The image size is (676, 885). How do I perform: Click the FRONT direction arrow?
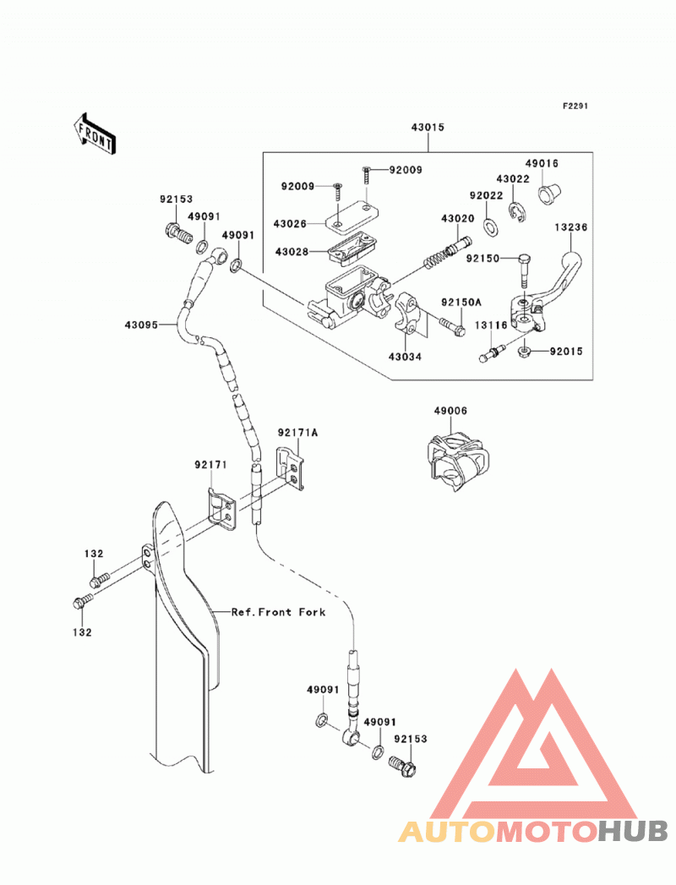[x=94, y=134]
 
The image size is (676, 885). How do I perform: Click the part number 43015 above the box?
[x=428, y=128]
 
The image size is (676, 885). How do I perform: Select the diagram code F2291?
[x=575, y=107]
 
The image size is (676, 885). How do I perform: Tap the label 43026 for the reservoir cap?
[x=290, y=224]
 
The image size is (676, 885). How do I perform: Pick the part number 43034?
[x=405, y=357]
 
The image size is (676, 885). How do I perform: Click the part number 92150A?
[x=461, y=303]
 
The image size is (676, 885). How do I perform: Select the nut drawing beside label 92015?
[x=524, y=352]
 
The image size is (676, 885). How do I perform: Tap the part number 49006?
[x=450, y=411]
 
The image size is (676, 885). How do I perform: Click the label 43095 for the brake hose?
[x=142, y=325]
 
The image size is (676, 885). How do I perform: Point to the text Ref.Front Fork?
[x=278, y=612]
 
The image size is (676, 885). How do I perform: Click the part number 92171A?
[x=297, y=433]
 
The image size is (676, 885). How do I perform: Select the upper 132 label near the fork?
[x=94, y=554]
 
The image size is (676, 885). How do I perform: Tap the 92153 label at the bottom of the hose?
[x=410, y=739]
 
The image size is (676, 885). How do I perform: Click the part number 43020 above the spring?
[x=458, y=218]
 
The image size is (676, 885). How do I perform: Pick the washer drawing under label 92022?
[x=490, y=227]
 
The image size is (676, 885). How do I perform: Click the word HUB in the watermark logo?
[x=633, y=831]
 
